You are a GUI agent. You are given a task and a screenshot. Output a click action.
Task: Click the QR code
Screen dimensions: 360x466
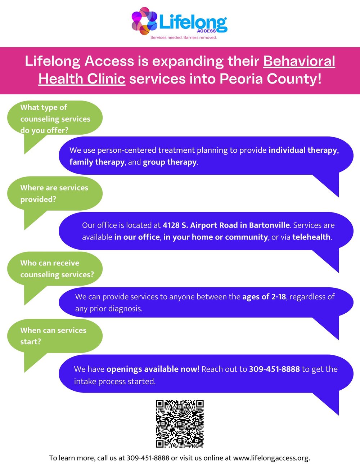click(180, 424)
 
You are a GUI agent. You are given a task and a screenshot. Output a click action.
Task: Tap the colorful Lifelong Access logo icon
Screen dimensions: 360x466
click(144, 21)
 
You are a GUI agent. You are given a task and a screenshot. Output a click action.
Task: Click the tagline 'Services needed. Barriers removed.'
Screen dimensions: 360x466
click(184, 37)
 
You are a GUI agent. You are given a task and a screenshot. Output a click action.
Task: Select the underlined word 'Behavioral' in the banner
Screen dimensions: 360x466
click(299, 61)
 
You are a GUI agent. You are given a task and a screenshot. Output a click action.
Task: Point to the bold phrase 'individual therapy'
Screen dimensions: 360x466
click(302, 150)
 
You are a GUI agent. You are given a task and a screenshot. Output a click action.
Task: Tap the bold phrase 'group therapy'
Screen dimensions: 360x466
click(170, 162)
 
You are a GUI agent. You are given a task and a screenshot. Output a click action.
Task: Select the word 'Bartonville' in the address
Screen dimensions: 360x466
click(269, 225)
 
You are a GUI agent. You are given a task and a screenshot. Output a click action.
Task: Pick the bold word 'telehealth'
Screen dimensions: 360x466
click(311, 237)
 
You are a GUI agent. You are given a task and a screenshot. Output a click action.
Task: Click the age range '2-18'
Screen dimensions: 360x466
click(279, 297)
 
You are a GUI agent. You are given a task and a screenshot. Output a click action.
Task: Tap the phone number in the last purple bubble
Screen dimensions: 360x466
click(274, 369)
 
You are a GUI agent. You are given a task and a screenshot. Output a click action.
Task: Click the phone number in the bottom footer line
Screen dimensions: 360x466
click(148, 458)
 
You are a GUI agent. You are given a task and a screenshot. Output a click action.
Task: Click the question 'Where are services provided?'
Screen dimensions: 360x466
click(54, 193)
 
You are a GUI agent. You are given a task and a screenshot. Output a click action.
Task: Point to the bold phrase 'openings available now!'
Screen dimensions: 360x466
click(153, 369)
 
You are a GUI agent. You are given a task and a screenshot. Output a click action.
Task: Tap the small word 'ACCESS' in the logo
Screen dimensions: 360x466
click(206, 31)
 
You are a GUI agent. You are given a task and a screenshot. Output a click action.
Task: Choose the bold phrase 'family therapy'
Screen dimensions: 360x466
click(97, 162)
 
